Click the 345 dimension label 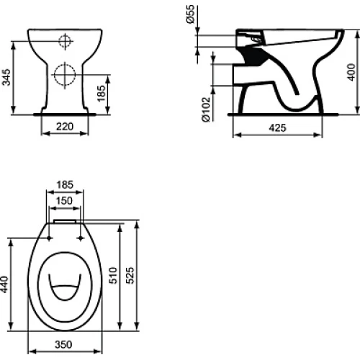pyautogui.click(x=6, y=77)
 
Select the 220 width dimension pyautogui.click(x=65, y=127)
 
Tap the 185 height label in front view pyautogui.click(x=102, y=94)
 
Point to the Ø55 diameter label pyautogui.click(x=190, y=14)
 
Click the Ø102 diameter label pyautogui.click(x=206, y=109)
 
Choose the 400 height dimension pyautogui.click(x=351, y=72)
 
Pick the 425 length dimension pyautogui.click(x=277, y=128)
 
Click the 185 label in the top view pyautogui.click(x=65, y=185)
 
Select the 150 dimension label pyautogui.click(x=64, y=201)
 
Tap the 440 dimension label pyautogui.click(x=4, y=284)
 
